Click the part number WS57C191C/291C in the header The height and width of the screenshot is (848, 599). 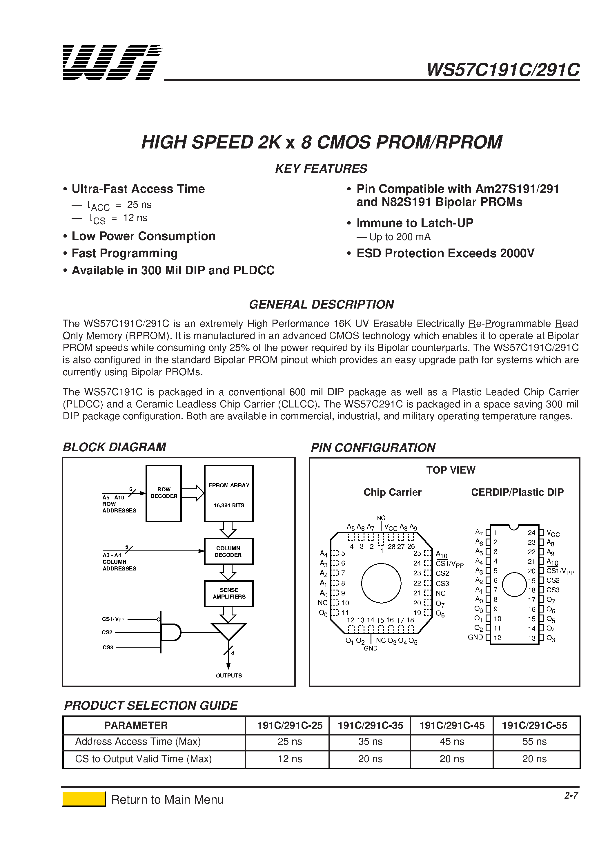pos(503,69)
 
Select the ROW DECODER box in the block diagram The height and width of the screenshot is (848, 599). pos(164,493)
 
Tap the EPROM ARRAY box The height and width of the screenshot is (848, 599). pos(228,493)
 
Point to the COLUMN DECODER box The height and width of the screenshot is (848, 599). pos(228,551)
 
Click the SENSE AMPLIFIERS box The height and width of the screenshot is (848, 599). pos(228,593)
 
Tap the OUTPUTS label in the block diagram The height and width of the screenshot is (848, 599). pos(228,675)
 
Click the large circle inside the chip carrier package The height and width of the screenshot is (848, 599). pos(381,583)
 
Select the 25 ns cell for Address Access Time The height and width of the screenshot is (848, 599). pos(290,741)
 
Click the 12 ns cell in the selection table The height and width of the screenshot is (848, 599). pos(290,759)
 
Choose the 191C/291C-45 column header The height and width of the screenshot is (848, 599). pos(452,725)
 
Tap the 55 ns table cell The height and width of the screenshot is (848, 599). pos(534,741)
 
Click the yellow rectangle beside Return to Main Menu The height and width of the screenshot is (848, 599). pos(84,799)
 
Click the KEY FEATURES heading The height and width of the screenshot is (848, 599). pos(321,168)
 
